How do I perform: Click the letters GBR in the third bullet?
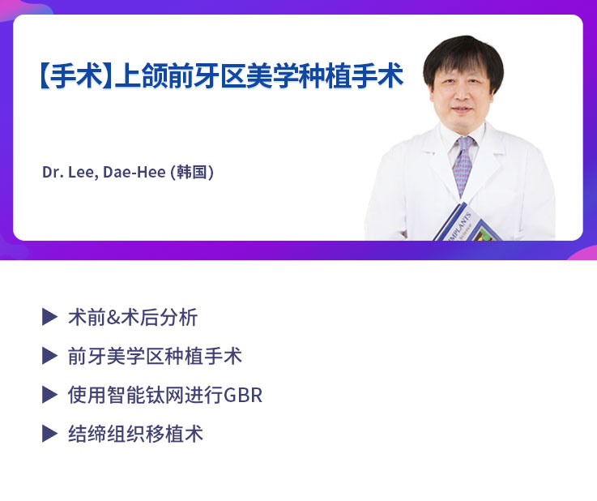[243, 396]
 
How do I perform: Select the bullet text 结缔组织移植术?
[135, 434]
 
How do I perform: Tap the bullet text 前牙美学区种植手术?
[155, 356]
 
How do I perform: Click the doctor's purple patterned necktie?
[463, 167]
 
